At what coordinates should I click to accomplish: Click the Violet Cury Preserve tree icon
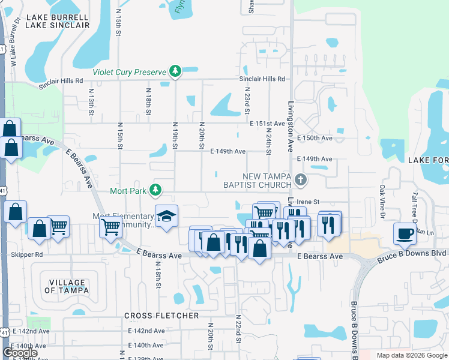click(175, 72)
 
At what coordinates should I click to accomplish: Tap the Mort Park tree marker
click(156, 191)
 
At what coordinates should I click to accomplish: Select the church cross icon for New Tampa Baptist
click(301, 179)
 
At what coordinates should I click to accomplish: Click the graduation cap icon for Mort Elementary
click(166, 216)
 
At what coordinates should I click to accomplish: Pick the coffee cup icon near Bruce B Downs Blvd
click(405, 233)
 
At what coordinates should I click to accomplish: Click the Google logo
click(20, 353)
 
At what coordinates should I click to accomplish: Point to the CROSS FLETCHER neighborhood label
click(161, 316)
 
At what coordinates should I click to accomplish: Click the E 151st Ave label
click(267, 124)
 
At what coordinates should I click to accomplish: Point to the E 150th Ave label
click(315, 138)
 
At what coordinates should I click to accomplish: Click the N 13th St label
click(91, 103)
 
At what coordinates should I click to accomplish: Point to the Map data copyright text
click(411, 355)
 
